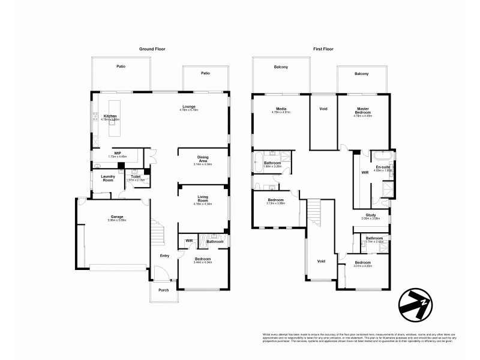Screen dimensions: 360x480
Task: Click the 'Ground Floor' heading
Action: (x=152, y=49)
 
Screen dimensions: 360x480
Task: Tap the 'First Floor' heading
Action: (x=323, y=49)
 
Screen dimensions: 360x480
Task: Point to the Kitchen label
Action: (x=110, y=116)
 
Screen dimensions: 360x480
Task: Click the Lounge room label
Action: (x=190, y=107)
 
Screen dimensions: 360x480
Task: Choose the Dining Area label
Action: (x=203, y=159)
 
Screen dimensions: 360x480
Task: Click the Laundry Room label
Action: (x=108, y=178)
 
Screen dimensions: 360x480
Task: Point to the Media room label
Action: (x=281, y=108)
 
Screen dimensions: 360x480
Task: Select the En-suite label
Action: (x=383, y=167)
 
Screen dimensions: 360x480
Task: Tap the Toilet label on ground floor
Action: (x=136, y=176)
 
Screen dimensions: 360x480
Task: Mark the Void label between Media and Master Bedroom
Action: (x=323, y=109)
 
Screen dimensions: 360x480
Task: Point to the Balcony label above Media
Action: (x=281, y=67)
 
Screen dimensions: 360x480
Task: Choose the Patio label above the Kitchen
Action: (x=121, y=67)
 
